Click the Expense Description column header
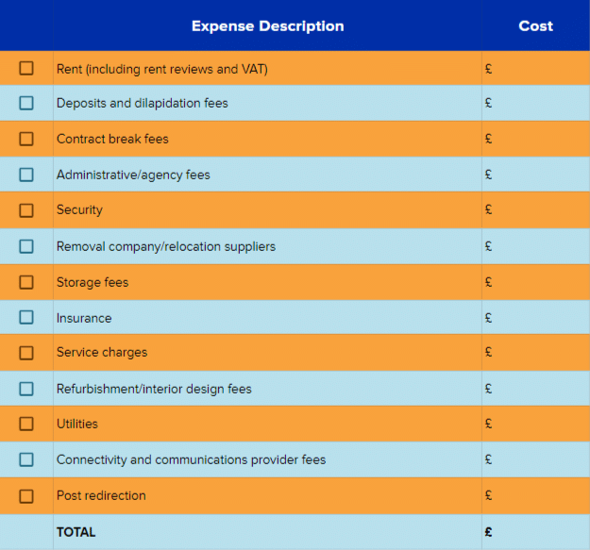coord(267,25)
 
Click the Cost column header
coord(535,25)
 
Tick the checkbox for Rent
coord(26,68)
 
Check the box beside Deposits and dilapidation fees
coord(26,103)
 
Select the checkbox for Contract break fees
coord(26,139)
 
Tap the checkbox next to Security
coord(26,209)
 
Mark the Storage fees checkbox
coord(26,282)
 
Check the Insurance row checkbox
coord(26,318)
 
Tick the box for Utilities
coord(26,424)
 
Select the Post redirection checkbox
coord(26,495)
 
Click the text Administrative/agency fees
coord(133,175)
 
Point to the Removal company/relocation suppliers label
coord(166,246)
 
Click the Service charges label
coord(102,352)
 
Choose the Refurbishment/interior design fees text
coord(154,389)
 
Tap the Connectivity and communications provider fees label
coord(191,459)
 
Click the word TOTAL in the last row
coord(76,532)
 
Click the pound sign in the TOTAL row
coord(488,532)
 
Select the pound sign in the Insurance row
coord(488,318)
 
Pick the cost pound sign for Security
coord(488,209)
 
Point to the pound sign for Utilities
coord(488,424)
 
